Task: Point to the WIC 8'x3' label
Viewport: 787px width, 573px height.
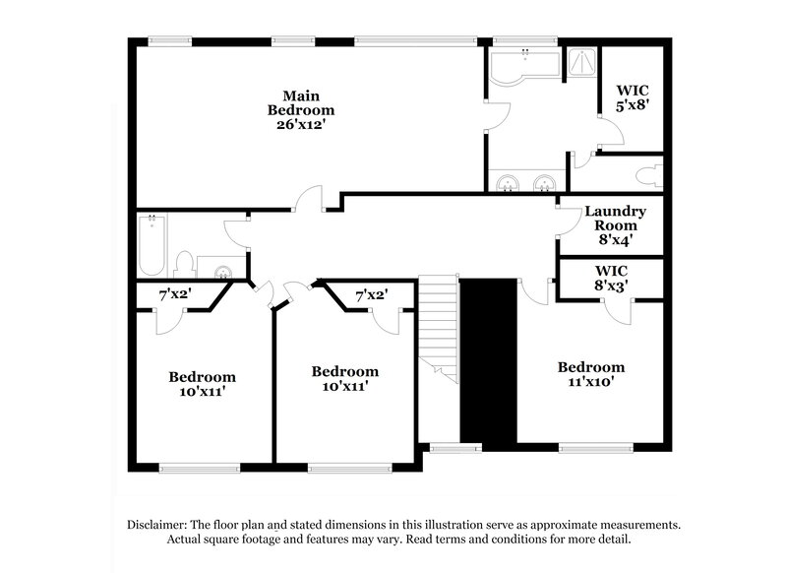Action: point(611,277)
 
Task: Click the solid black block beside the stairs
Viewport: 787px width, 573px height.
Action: point(489,359)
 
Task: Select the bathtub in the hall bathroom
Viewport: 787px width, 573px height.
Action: point(152,246)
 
